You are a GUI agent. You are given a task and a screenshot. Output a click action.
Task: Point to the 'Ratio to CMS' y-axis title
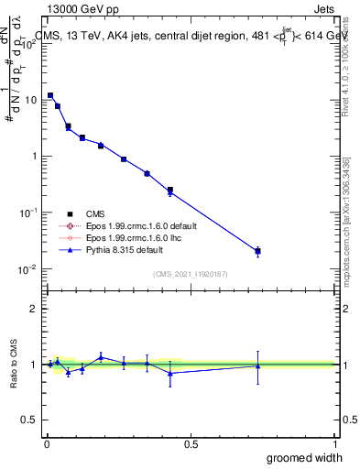15,365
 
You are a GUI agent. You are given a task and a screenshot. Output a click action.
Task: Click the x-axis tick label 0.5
191,443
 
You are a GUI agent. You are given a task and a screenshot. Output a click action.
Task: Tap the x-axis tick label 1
335,443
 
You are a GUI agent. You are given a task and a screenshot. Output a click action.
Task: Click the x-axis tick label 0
46,443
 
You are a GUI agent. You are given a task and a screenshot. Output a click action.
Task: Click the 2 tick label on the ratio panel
35,309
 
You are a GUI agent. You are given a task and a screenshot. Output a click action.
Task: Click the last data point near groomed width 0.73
258,251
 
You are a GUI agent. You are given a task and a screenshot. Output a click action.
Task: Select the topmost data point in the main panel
50,95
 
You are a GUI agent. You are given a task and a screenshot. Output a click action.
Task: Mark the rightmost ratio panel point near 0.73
258,365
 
